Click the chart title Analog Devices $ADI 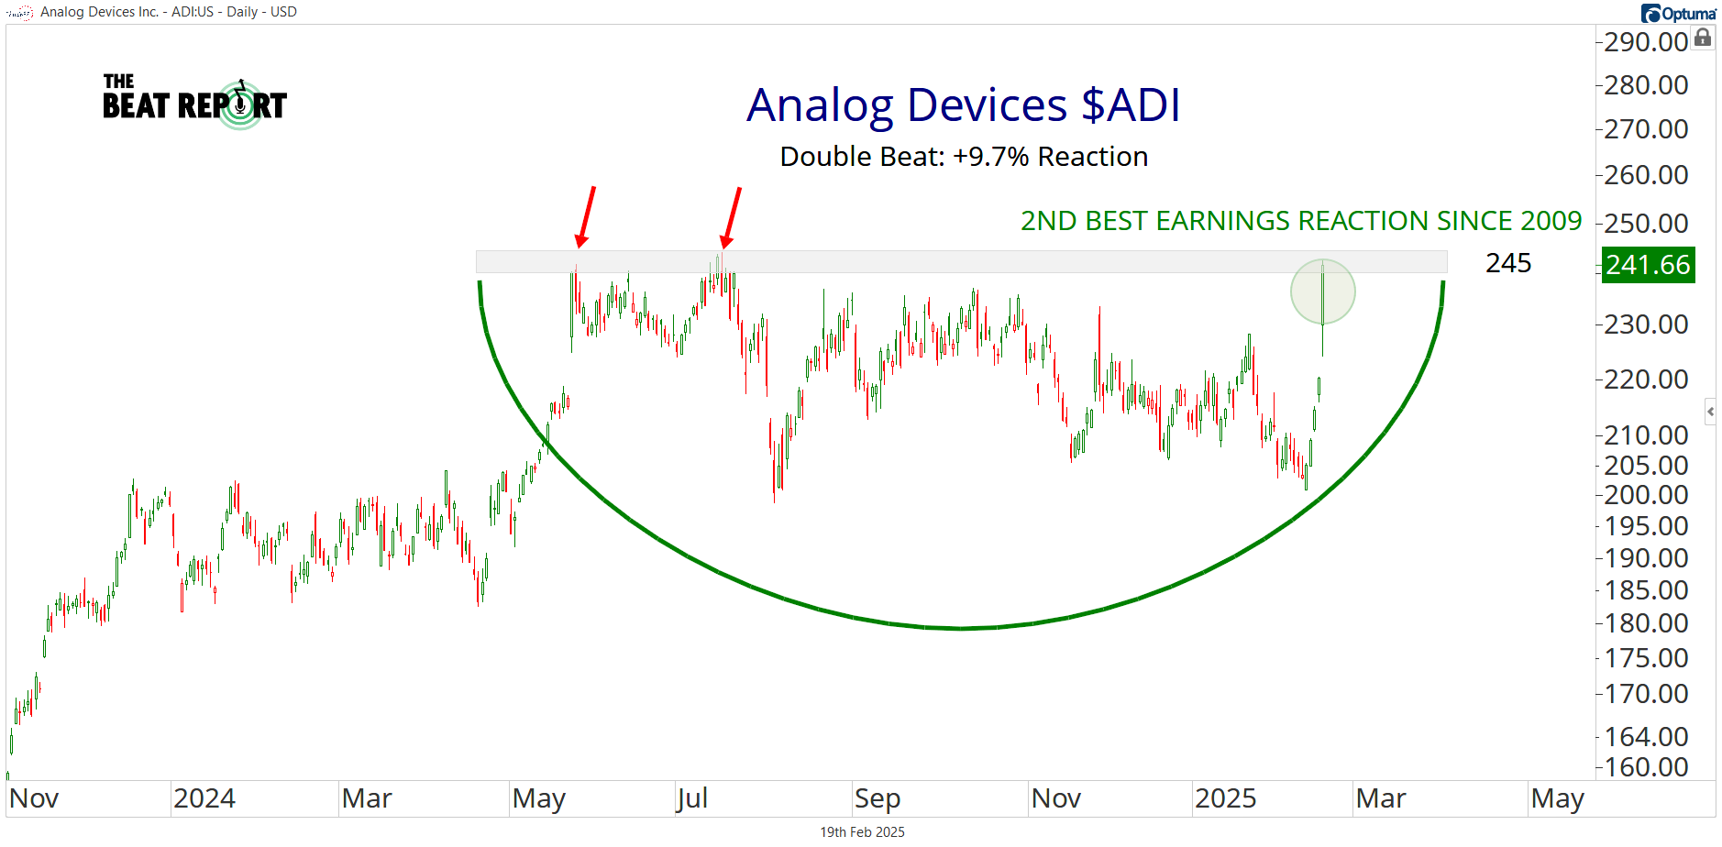[963, 104]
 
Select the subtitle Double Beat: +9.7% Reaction [964, 157]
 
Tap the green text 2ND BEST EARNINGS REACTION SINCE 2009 [1300, 221]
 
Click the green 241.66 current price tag [1648, 265]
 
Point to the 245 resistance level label [1508, 263]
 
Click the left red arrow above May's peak [586, 216]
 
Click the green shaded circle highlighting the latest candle [1322, 291]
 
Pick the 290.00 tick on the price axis [1646, 42]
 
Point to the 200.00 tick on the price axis [1646, 495]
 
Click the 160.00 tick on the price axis [1646, 766]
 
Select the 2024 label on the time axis [204, 798]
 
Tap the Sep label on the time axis [877, 798]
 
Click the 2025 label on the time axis [1225, 798]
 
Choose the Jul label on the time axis [692, 798]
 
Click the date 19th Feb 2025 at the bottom [862, 832]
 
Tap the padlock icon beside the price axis [1703, 38]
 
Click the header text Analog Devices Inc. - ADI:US [123, 12]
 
